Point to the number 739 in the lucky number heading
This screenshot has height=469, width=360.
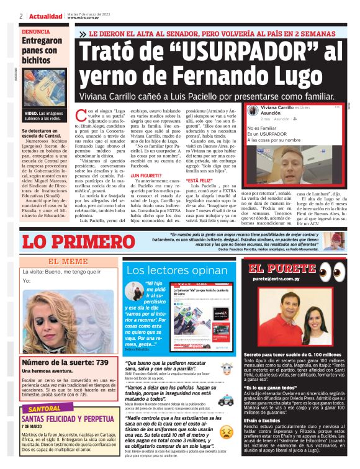[99, 362]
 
